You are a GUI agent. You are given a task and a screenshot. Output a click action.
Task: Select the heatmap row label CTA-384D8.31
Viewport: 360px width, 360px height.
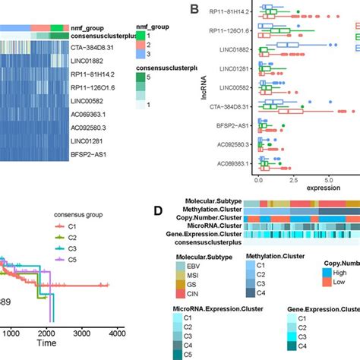coord(30,46)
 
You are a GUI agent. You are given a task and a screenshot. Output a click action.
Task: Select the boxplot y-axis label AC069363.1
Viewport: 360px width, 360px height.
coord(229,164)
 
